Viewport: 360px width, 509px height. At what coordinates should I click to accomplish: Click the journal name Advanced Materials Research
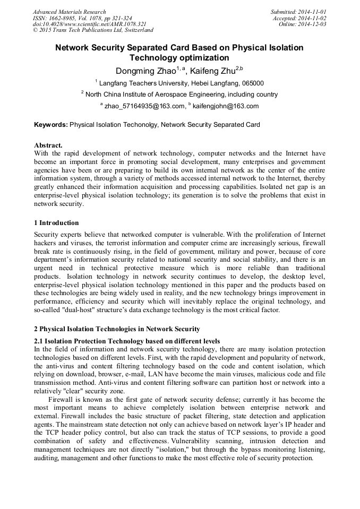(x=69, y=12)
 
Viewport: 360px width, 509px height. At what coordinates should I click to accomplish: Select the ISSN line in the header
(x=82, y=18)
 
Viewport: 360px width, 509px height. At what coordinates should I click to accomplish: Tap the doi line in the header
(x=89, y=24)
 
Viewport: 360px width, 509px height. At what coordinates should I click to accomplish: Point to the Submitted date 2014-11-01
(x=299, y=12)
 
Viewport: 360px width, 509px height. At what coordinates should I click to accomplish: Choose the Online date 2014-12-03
(x=303, y=24)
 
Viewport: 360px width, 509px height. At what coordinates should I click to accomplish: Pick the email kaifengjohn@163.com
(x=226, y=106)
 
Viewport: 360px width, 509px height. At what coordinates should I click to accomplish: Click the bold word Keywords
(x=50, y=125)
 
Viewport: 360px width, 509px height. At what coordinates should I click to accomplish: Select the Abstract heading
(x=48, y=145)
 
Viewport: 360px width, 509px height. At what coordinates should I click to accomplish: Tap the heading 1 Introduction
(x=56, y=223)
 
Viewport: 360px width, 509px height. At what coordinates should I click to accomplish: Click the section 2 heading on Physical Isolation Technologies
(x=117, y=329)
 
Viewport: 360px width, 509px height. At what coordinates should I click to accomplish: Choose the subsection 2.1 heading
(x=127, y=341)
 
